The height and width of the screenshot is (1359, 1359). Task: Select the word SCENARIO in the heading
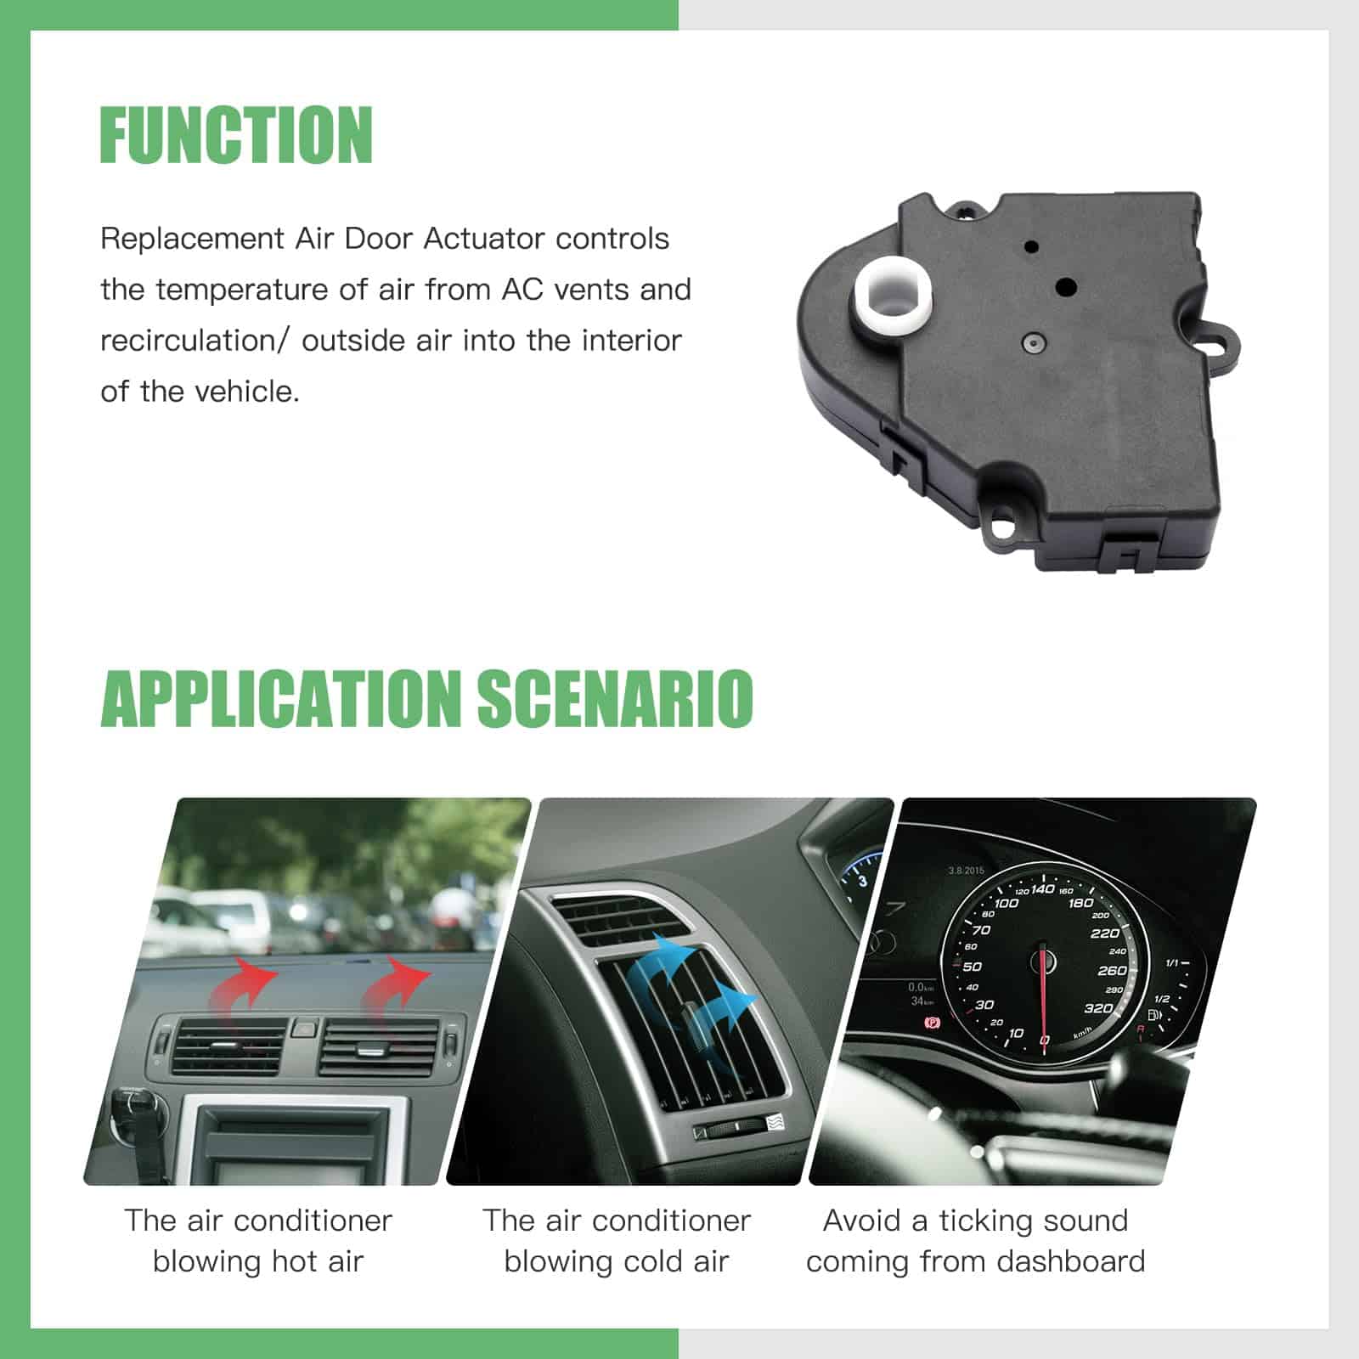[614, 699]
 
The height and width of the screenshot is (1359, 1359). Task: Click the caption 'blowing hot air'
[258, 1261]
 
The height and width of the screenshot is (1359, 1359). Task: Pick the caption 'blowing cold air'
[617, 1261]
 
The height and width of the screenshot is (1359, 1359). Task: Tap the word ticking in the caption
[978, 1221]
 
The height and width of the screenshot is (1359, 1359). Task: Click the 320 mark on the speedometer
[1097, 1008]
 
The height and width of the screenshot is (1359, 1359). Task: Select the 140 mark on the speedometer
[1042, 889]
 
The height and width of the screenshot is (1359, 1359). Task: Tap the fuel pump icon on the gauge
[1154, 1015]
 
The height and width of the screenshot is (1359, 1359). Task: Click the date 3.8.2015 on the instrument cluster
[967, 871]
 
